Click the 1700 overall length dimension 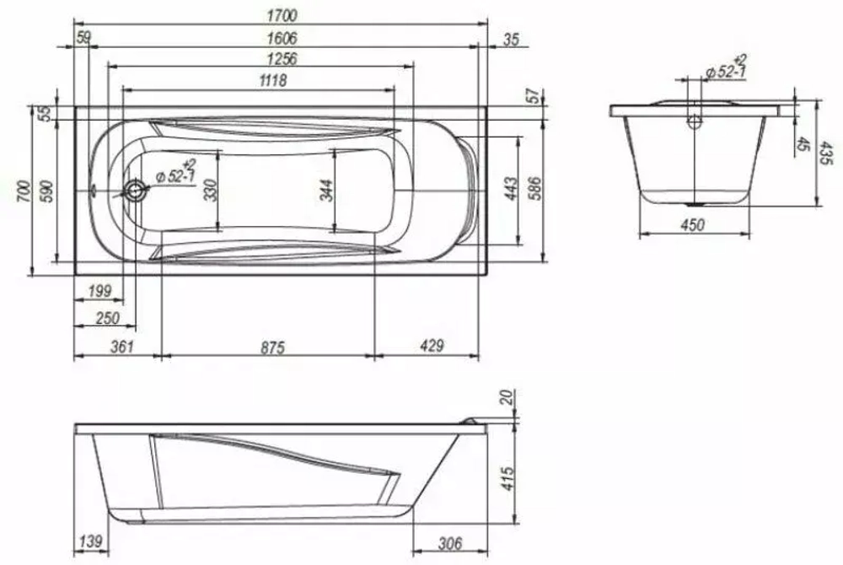point(282,15)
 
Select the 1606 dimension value point(282,38)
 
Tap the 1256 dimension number point(282,58)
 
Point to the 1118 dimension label point(272,81)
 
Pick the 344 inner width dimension point(326,191)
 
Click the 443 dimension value point(512,188)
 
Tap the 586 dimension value point(535,188)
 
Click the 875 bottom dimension point(272,347)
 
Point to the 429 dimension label point(432,345)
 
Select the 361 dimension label point(121,347)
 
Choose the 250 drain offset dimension point(108,318)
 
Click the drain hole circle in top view point(134,191)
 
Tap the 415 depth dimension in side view point(507,478)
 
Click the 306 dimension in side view point(450,544)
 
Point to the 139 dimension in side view point(90,541)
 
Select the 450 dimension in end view point(692,224)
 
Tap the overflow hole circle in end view point(695,121)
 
